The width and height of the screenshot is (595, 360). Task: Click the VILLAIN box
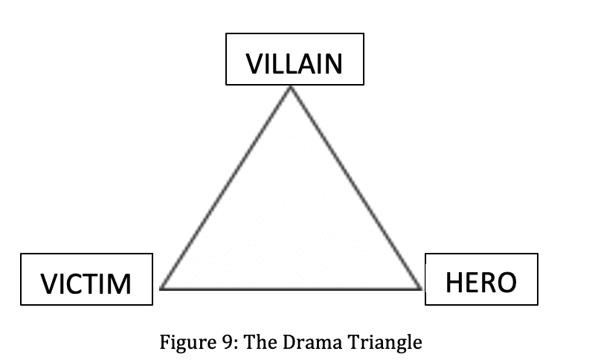click(x=295, y=59)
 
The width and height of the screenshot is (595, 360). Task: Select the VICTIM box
click(x=86, y=280)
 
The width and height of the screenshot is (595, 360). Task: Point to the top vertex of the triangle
click(x=291, y=88)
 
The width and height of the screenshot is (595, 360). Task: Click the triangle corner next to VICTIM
click(x=161, y=287)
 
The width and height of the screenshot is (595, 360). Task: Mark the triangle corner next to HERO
click(x=420, y=287)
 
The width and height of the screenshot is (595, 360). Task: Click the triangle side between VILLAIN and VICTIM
click(x=226, y=187)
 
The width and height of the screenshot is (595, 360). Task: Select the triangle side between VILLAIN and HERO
click(x=356, y=187)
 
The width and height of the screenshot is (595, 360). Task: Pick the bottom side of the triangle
click(x=291, y=288)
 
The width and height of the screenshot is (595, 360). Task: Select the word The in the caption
click(x=256, y=343)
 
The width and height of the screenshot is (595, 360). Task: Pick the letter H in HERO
click(x=455, y=283)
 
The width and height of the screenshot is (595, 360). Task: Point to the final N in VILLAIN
click(x=332, y=64)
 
